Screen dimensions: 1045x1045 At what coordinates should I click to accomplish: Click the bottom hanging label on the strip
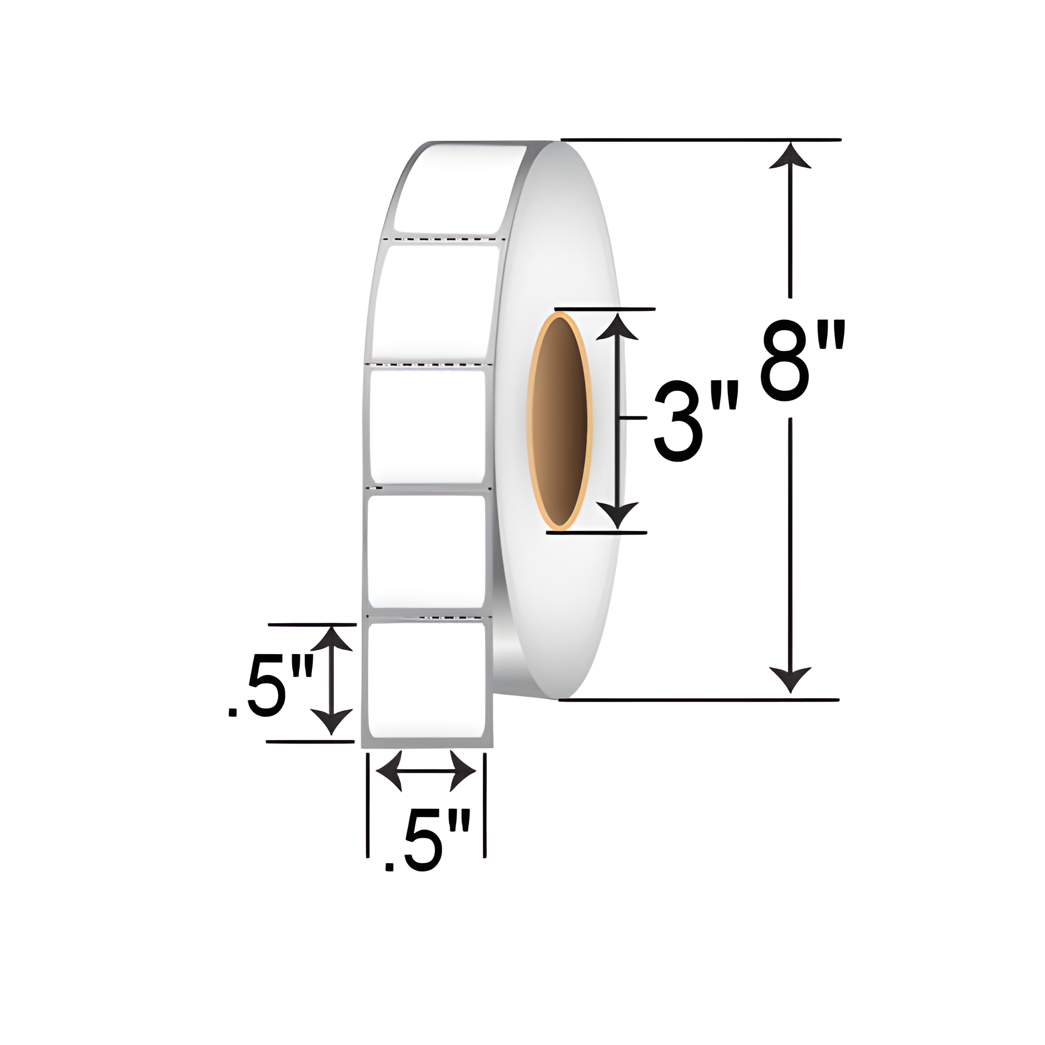(x=425, y=680)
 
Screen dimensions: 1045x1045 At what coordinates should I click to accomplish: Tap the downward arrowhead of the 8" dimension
(x=790, y=679)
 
